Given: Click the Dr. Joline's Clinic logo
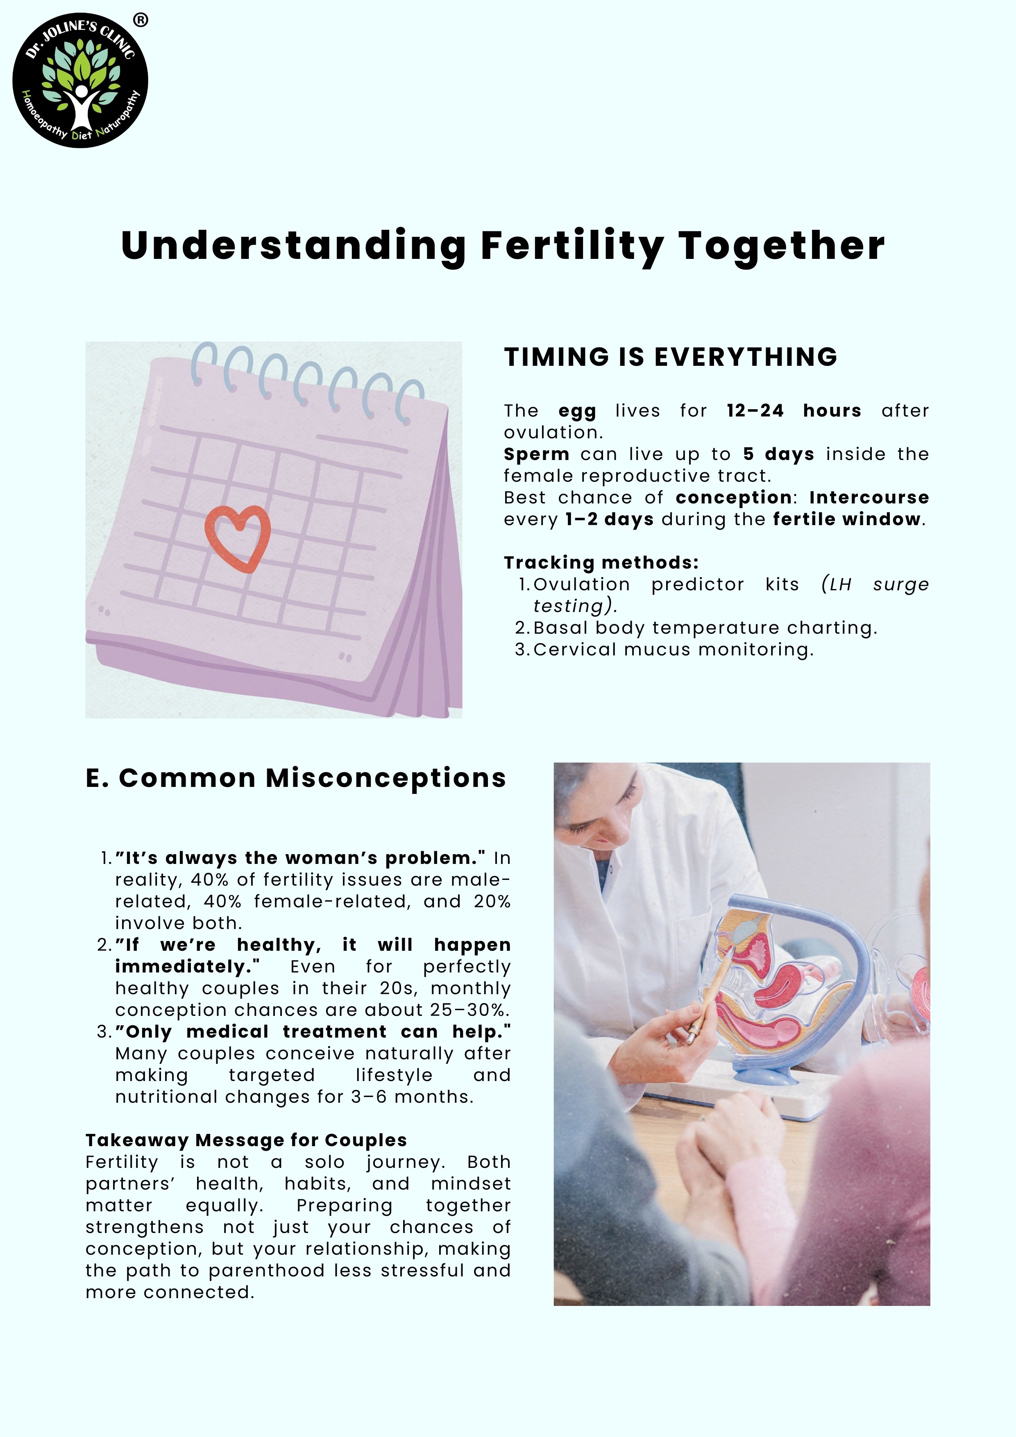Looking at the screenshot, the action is coord(80,81).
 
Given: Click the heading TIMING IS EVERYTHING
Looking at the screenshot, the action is coord(671,357).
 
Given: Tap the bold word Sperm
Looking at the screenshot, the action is coord(537,454).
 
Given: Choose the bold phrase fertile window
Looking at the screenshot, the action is coord(847,519).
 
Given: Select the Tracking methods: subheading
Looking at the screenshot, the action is coord(601,563).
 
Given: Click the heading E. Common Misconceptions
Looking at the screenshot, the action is coord(295,778).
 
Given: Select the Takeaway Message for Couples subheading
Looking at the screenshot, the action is coord(246,1140).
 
